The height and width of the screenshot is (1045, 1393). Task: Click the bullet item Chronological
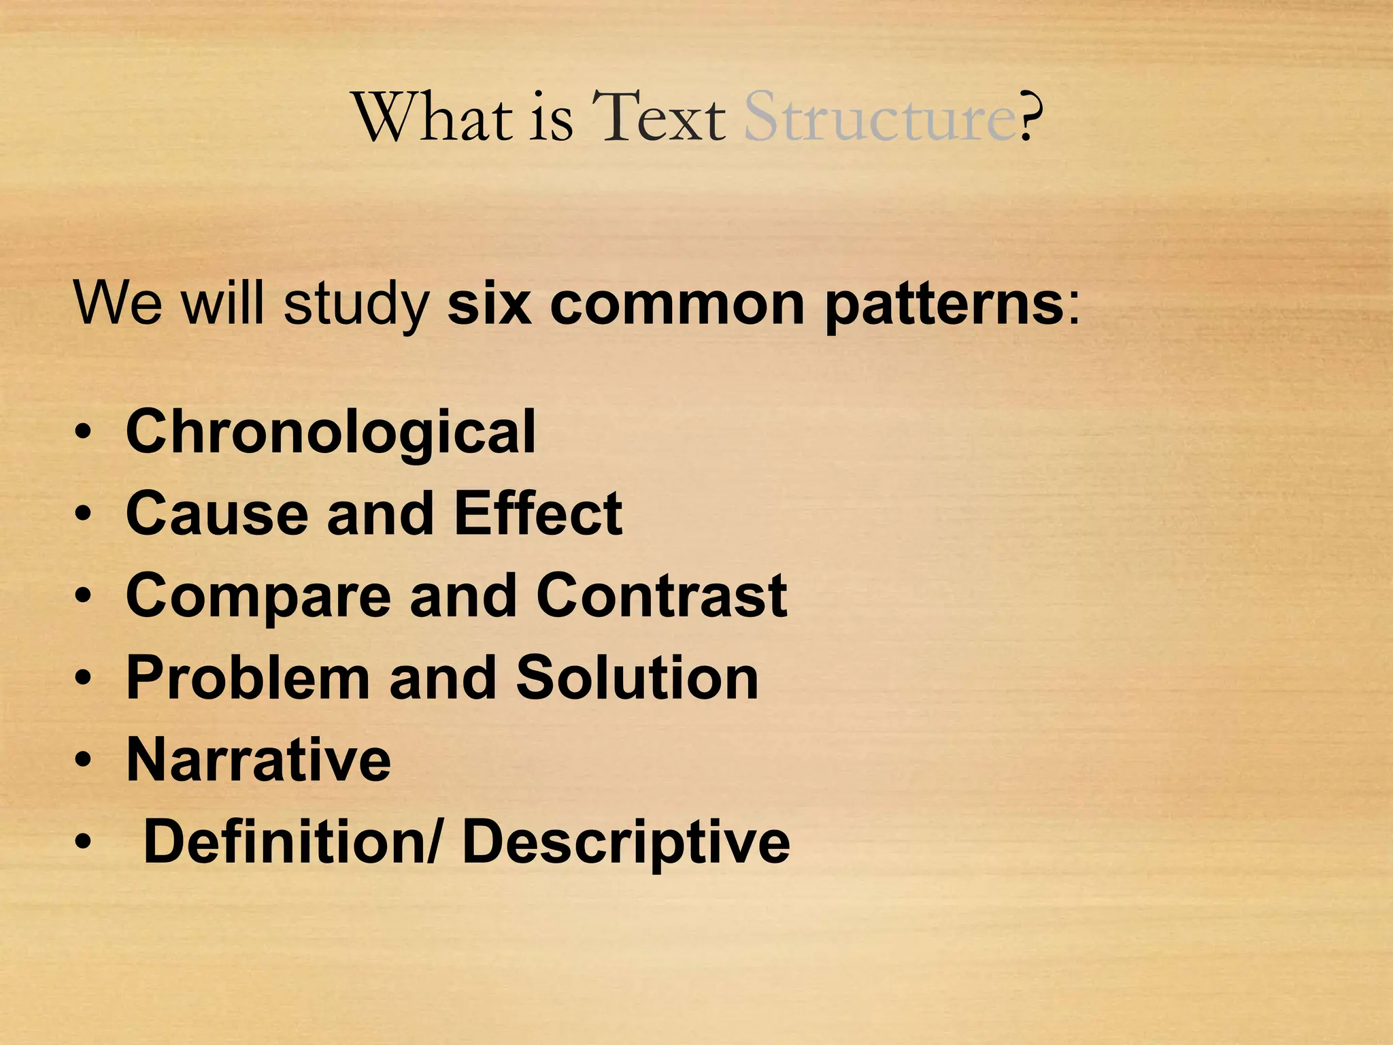[x=331, y=432]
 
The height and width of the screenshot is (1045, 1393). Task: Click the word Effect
[x=537, y=514]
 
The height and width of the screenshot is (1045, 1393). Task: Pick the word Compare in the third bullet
[x=258, y=596]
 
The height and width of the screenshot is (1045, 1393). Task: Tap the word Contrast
[x=661, y=596]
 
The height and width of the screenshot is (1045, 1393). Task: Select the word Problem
[x=248, y=678]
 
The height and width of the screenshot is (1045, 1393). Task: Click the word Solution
[x=637, y=678]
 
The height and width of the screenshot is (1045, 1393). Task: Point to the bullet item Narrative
[x=258, y=759]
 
